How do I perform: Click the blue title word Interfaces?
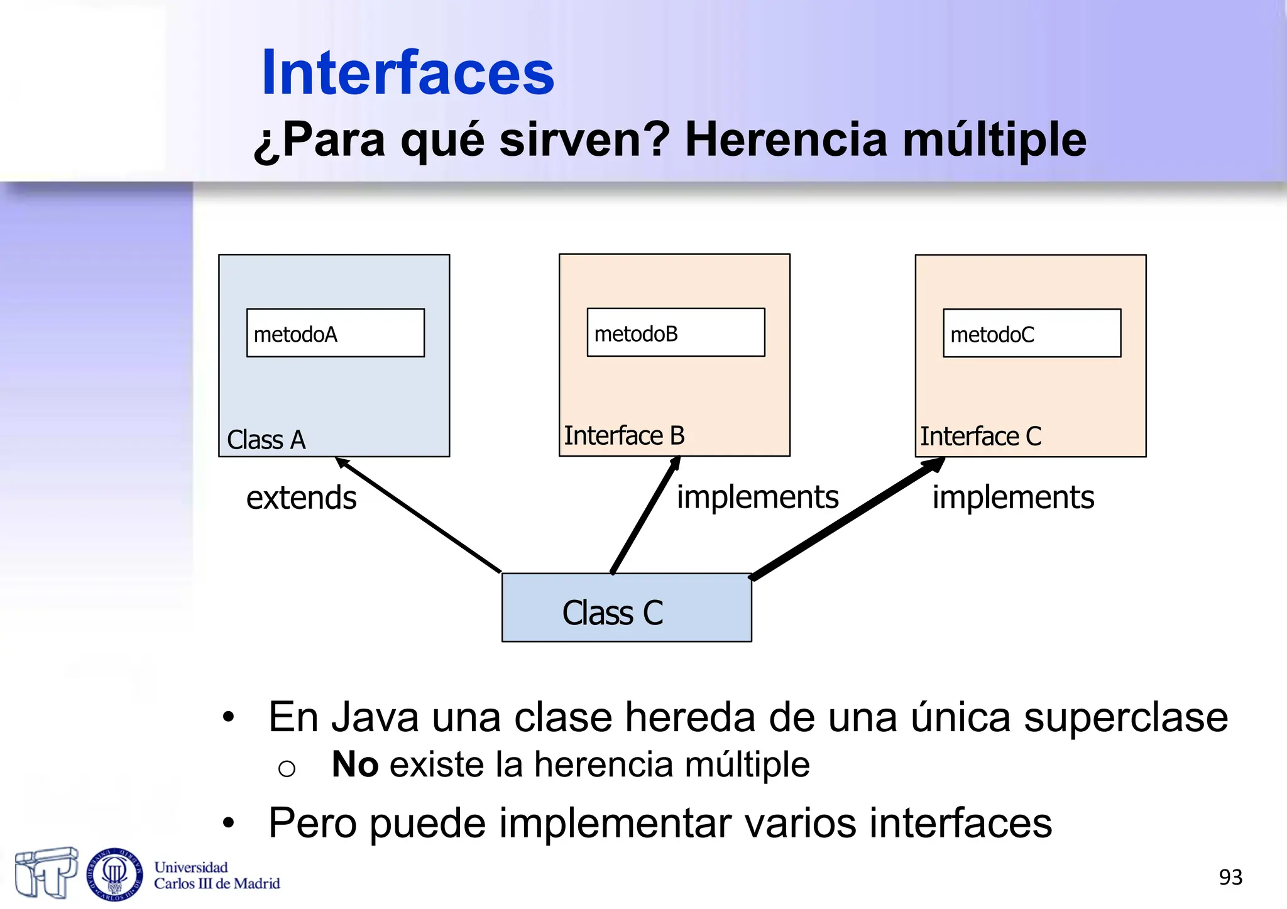tap(407, 73)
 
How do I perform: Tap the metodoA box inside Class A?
tap(335, 333)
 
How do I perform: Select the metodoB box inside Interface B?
tap(676, 332)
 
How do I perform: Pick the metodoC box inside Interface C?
tap(1031, 333)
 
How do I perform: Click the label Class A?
tap(266, 440)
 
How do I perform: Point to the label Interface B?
tap(623, 435)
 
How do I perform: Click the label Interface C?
tap(980, 436)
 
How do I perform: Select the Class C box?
tap(626, 607)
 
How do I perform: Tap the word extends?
tap(301, 498)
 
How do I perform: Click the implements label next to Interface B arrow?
tap(757, 497)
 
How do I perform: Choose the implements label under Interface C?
tap(1012, 497)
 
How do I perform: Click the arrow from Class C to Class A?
tap(418, 515)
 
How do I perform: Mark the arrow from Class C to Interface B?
tap(645, 515)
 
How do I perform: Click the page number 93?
tap(1230, 877)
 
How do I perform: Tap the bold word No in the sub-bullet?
tap(354, 765)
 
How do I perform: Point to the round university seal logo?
tap(114, 874)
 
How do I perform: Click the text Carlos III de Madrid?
tap(217, 884)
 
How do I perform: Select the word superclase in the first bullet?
tap(1125, 717)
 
